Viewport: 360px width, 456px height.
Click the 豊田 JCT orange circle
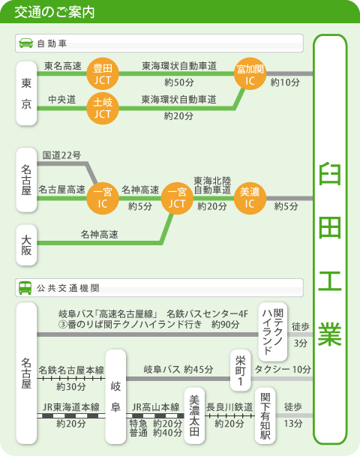103,73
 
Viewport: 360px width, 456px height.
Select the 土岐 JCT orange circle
103,108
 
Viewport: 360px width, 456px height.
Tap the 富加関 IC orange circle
250,73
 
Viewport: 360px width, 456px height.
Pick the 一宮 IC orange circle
103,198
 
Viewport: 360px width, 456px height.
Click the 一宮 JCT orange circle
177,198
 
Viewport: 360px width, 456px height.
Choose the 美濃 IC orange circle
250,198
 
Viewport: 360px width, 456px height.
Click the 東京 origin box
26,93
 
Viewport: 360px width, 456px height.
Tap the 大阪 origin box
26,244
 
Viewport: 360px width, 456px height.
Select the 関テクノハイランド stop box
273,331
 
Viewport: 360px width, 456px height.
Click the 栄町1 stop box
241,370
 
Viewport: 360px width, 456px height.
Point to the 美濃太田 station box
194,415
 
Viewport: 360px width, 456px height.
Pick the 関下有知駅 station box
265,415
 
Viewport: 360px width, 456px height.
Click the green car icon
26,43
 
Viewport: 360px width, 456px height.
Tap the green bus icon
25,287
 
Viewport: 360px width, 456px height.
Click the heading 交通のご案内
55,12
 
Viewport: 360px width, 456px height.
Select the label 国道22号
61,155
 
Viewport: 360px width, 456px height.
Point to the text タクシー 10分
283,369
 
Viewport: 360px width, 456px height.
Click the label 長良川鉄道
229,406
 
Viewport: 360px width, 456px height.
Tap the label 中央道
62,100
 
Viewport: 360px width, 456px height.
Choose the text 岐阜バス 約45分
178,369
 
